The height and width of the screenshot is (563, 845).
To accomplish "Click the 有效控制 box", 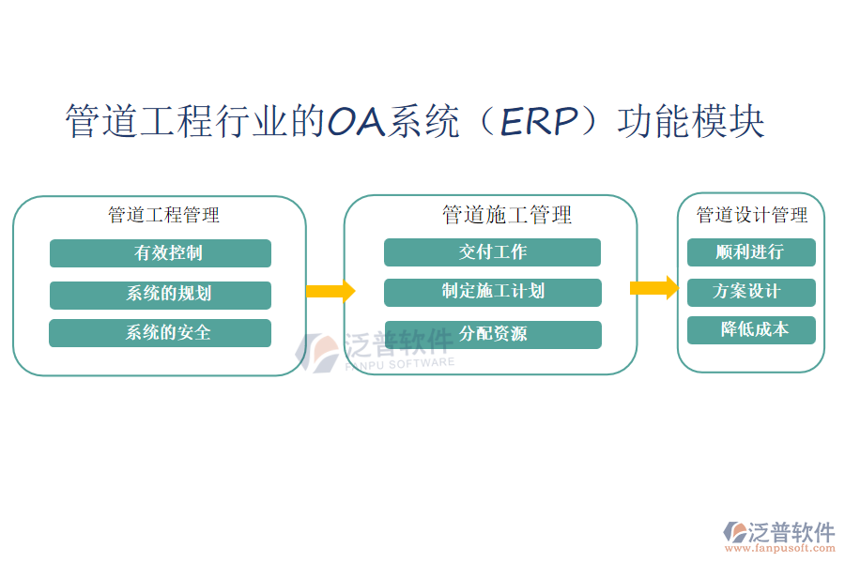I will pyautogui.click(x=160, y=253).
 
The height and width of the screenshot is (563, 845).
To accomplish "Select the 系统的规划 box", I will pyautogui.click(x=160, y=295).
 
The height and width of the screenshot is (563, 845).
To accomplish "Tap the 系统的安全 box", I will pyautogui.click(x=160, y=333).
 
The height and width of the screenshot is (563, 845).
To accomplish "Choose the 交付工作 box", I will pyautogui.click(x=492, y=252).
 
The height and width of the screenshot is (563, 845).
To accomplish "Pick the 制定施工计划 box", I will pyautogui.click(x=492, y=292).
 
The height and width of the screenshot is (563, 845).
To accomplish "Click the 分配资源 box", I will pyautogui.click(x=492, y=334).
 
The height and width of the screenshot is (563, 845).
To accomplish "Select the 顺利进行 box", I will pyautogui.click(x=750, y=252).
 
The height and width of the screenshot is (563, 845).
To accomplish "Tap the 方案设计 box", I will pyautogui.click(x=750, y=292).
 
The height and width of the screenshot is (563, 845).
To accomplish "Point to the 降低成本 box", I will pyautogui.click(x=750, y=330).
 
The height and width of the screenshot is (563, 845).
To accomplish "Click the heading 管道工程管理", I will pyautogui.click(x=163, y=215).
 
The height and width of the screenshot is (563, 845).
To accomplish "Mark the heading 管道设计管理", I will pyautogui.click(x=751, y=215).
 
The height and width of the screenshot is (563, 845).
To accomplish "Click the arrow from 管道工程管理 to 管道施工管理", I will pyautogui.click(x=330, y=291).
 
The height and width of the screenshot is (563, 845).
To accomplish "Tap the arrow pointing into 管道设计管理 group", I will pyautogui.click(x=653, y=287).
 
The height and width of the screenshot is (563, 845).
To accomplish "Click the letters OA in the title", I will pyautogui.click(x=357, y=123).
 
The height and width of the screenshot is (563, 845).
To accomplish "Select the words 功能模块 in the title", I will pyautogui.click(x=691, y=123).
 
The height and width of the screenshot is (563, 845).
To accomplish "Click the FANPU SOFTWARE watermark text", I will pyautogui.click(x=399, y=363).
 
